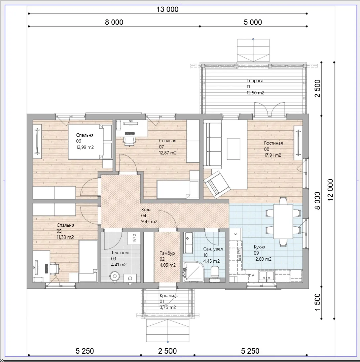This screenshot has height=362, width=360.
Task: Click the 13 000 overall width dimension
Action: (x=167, y=10)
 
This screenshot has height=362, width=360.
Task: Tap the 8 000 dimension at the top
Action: (x=114, y=22)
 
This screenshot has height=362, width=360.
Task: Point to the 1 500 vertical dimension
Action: (x=318, y=302)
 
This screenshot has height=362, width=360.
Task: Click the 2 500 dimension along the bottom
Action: (x=167, y=351)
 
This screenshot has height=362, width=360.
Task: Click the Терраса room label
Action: (x=255, y=81)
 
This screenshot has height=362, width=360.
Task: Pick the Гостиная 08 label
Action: (x=273, y=146)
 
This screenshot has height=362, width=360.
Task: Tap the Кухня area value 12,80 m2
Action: (x=263, y=259)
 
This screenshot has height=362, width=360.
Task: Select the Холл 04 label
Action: (x=146, y=213)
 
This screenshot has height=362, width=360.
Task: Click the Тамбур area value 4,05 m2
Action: (x=168, y=265)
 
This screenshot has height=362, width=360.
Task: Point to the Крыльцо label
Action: (x=169, y=295)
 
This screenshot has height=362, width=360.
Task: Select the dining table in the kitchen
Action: (x=283, y=222)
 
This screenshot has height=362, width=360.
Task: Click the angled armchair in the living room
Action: (x=217, y=185)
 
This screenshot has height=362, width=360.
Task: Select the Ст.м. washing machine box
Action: (x=134, y=238)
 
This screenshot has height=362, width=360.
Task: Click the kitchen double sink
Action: (x=267, y=276)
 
